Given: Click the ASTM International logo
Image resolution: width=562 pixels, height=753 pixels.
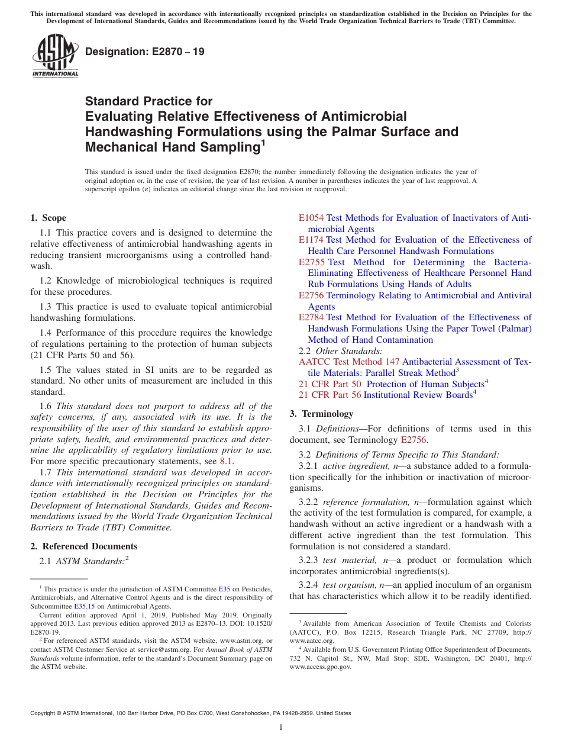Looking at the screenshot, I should point(55,57).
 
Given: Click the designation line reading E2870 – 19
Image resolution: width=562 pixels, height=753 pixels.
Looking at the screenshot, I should point(145,52).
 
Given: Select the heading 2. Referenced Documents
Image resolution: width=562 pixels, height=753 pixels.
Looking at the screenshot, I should point(84,546).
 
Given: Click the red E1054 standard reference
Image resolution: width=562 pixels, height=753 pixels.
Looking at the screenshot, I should point(311,218).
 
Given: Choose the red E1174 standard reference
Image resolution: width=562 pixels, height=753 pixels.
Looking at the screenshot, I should point(311,240).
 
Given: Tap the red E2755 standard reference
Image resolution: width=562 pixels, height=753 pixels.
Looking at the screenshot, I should point(312,262).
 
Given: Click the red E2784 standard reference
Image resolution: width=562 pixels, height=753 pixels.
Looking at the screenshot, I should point(311,317).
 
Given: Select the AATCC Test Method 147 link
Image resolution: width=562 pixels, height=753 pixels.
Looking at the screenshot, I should point(349,362).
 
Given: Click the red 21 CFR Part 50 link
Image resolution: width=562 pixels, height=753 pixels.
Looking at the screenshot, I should point(329,384).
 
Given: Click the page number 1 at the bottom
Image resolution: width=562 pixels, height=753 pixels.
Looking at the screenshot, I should point(281,727).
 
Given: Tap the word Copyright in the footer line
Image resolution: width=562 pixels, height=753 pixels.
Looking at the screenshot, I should point(45,713).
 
